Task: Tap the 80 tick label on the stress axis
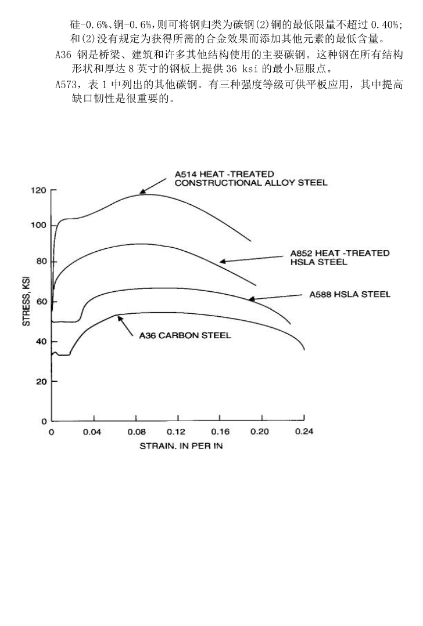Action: pyautogui.click(x=39, y=262)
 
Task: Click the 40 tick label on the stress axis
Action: pyautogui.click(x=39, y=342)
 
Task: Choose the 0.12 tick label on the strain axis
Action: pyautogui.click(x=176, y=432)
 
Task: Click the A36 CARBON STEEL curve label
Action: pyautogui.click(x=185, y=335)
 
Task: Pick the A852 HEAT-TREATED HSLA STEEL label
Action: pyautogui.click(x=339, y=258)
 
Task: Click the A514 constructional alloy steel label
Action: pyautogui.click(x=251, y=178)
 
